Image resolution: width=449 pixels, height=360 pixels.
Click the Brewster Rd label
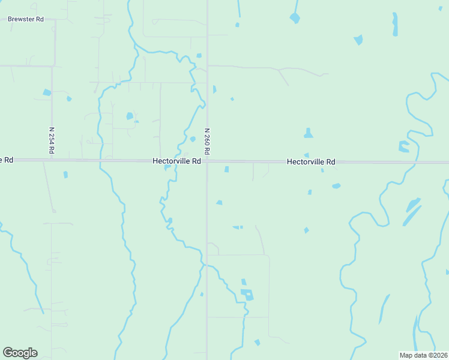click(26, 19)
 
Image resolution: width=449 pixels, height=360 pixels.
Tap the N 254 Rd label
click(52, 141)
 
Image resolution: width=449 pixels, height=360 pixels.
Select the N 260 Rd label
click(207, 142)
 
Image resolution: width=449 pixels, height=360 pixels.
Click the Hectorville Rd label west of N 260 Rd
click(176, 161)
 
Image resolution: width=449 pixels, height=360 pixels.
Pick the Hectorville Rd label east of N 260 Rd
click(310, 162)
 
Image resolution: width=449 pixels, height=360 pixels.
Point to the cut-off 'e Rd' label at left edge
click(7, 160)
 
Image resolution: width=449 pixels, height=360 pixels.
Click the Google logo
click(20, 353)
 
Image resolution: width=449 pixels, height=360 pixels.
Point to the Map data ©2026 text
click(423, 355)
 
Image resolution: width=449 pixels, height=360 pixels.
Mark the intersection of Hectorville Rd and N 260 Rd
click(207, 161)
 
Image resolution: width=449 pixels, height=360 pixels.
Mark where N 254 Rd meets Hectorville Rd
click(52, 160)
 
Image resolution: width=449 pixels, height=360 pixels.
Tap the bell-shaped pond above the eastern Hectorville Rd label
click(308, 133)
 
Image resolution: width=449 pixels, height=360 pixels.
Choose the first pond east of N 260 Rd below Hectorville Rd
click(226, 169)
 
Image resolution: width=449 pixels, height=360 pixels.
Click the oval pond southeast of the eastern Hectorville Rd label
click(336, 186)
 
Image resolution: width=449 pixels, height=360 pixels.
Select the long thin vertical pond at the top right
click(395, 24)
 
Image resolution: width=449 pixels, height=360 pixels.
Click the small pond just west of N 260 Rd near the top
click(199, 56)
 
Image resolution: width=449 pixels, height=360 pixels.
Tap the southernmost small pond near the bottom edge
click(257, 343)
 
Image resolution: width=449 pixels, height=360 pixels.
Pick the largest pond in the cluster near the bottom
click(247, 295)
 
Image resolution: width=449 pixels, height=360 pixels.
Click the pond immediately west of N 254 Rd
click(46, 92)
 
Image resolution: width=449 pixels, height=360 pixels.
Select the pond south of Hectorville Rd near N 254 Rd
click(65, 175)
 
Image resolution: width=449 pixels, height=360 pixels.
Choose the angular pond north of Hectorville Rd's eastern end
click(403, 146)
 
